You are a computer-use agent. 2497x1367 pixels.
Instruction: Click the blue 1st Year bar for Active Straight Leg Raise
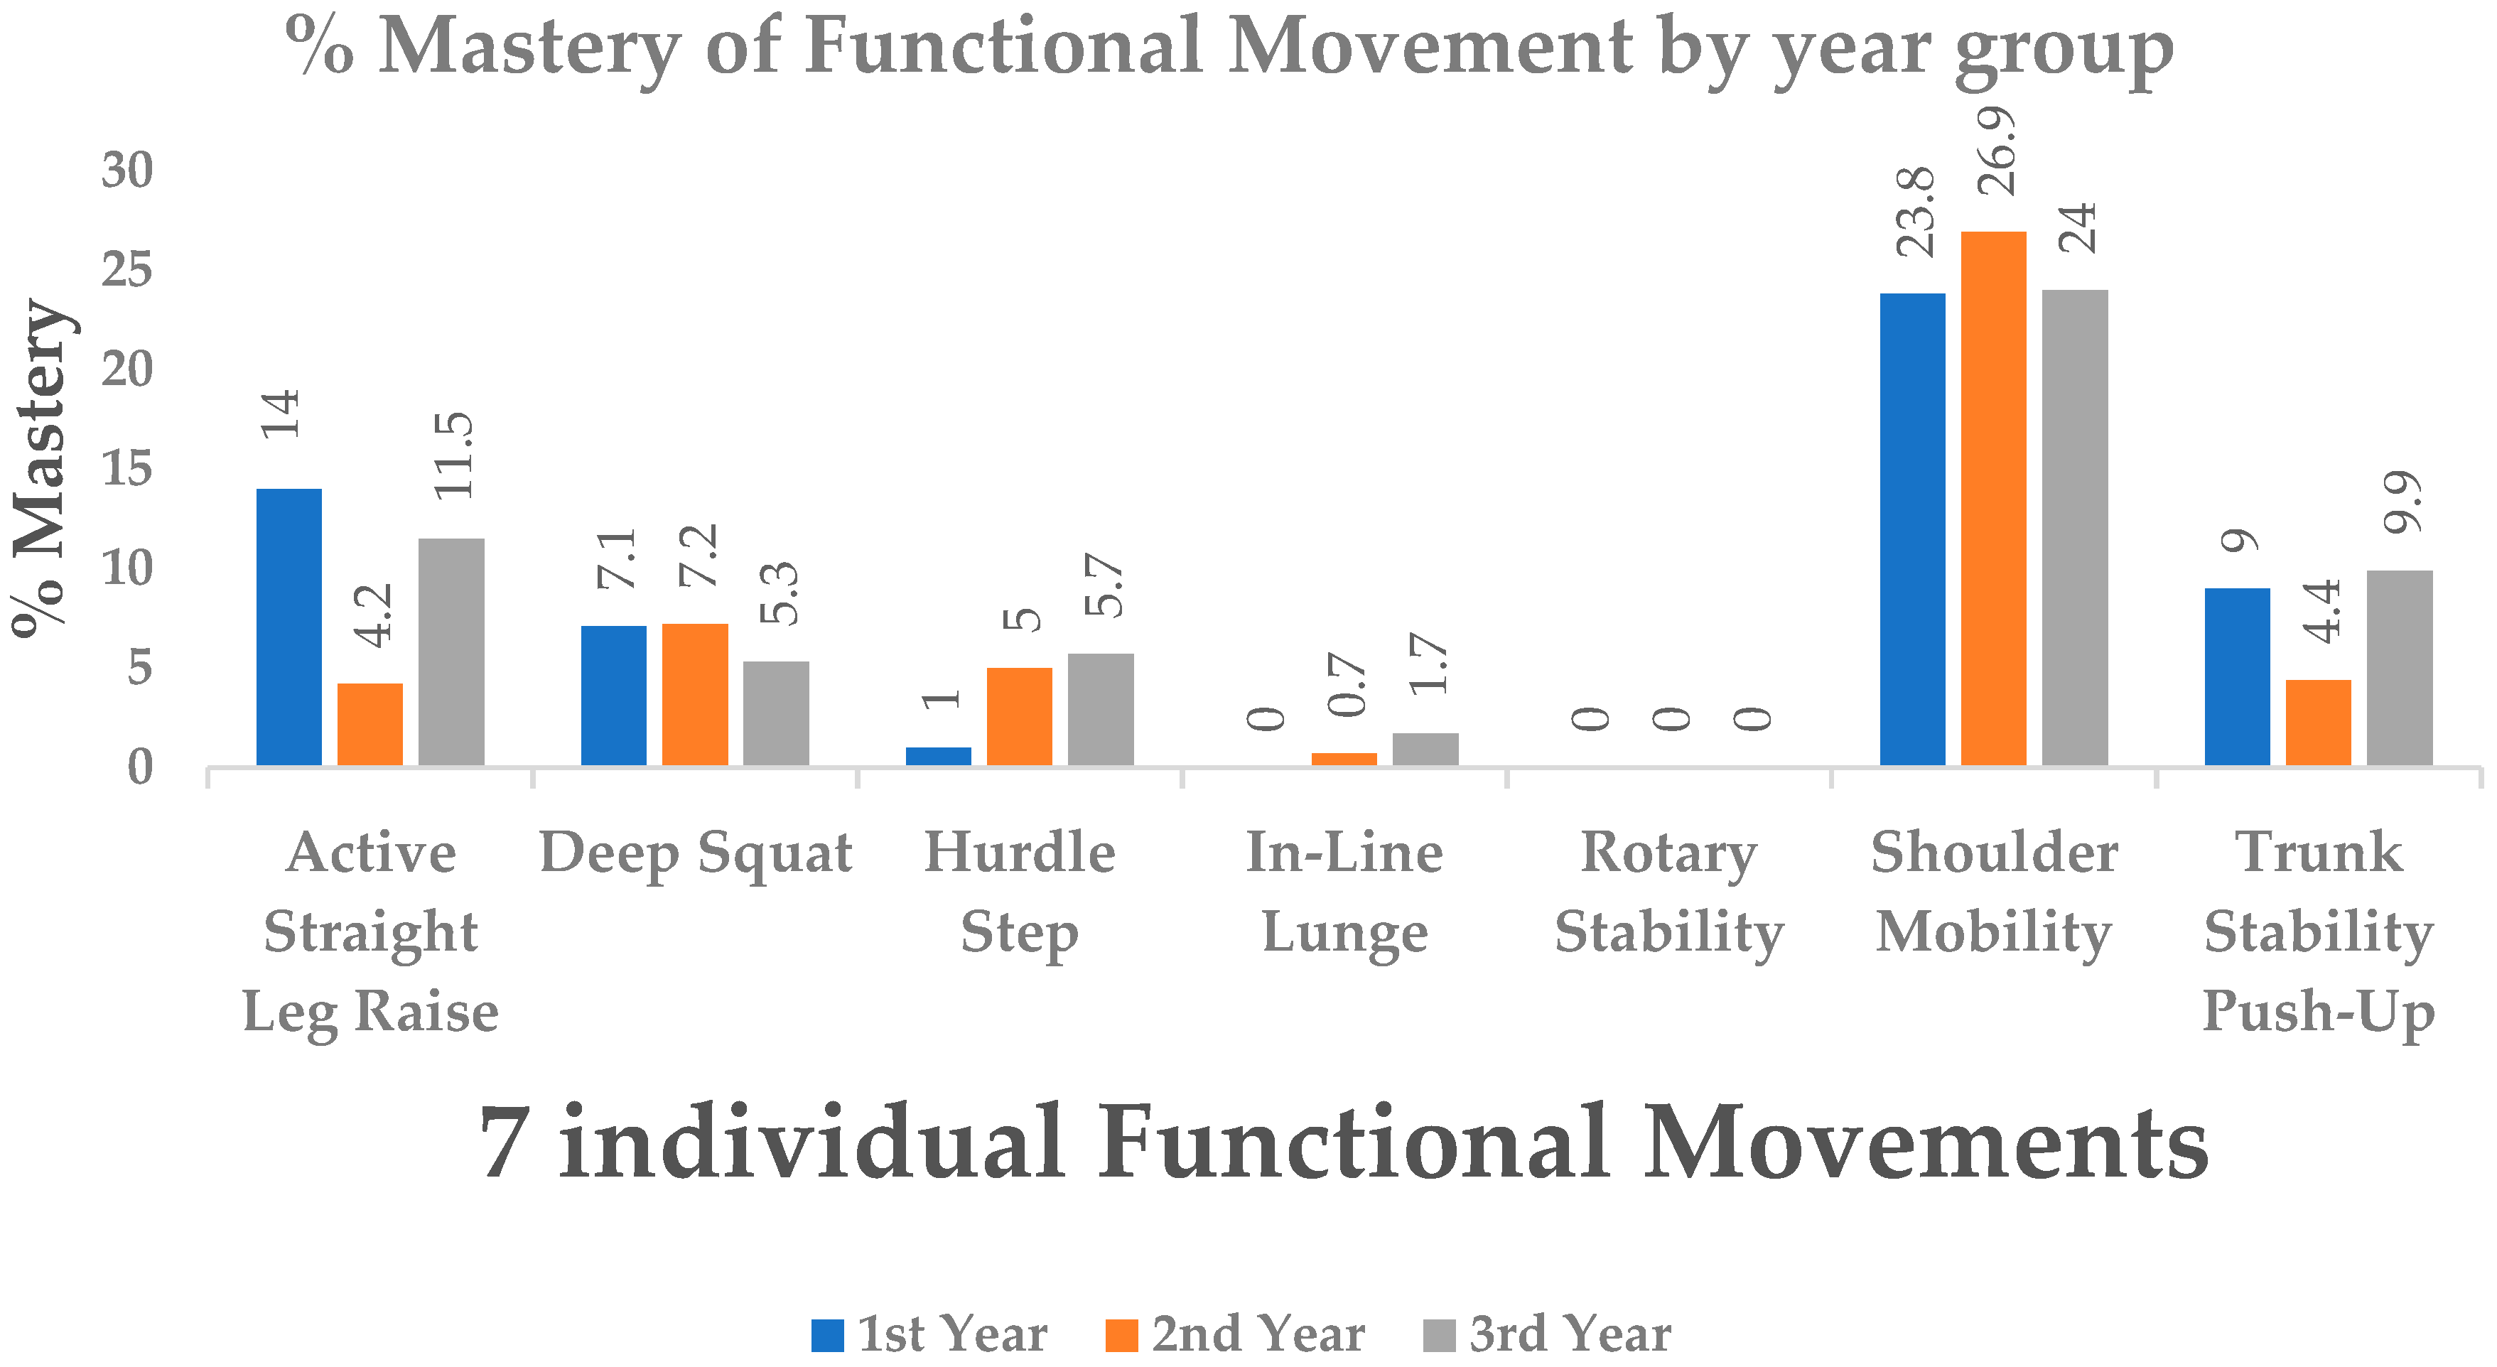[x=289, y=627]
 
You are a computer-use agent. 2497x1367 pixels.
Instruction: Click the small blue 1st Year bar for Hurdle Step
[x=938, y=756]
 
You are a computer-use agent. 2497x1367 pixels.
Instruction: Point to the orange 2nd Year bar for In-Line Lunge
[x=1344, y=759]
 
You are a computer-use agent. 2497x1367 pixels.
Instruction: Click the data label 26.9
[x=1997, y=152]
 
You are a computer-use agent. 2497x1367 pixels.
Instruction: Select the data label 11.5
[x=453, y=455]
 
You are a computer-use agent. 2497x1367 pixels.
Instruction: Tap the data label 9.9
[x=2402, y=502]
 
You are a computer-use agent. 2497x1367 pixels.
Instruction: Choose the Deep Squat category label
[x=695, y=853]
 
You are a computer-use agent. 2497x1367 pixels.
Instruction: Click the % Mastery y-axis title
[x=41, y=468]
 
